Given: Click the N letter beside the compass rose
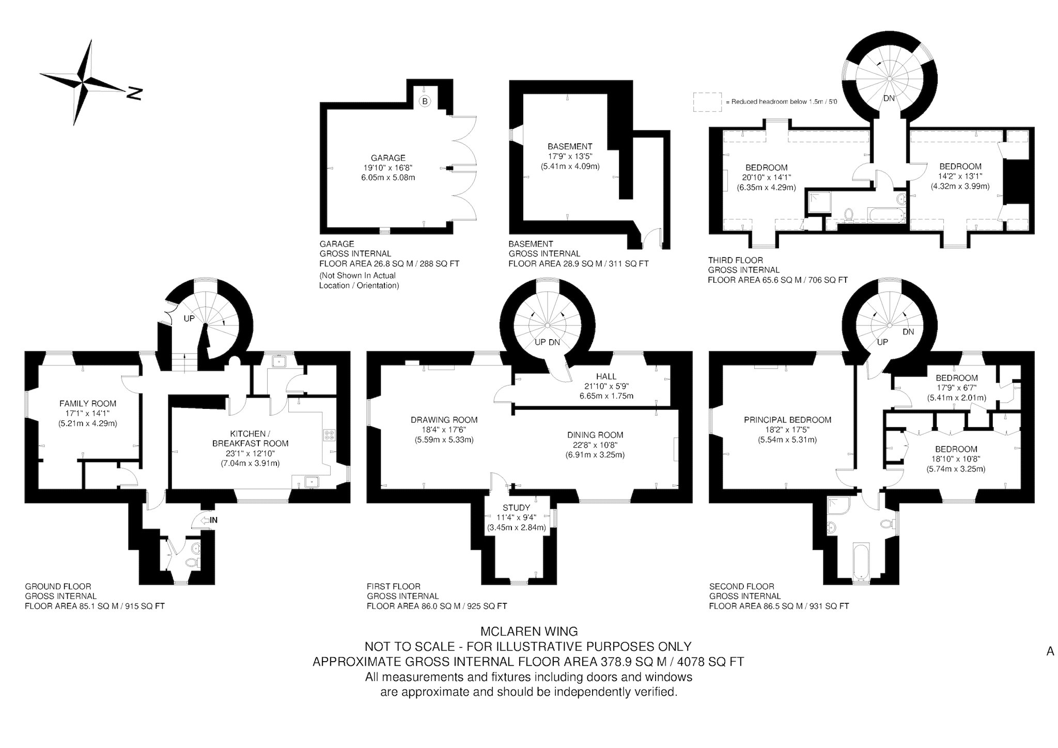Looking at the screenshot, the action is pyautogui.click(x=134, y=93).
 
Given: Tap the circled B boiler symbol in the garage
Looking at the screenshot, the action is pyautogui.click(x=425, y=101).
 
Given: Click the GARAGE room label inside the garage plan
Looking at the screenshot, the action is pyautogui.click(x=388, y=158).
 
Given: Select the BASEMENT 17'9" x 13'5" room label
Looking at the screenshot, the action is pyautogui.click(x=570, y=156).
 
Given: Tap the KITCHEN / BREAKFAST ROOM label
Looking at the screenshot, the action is pyautogui.click(x=251, y=438).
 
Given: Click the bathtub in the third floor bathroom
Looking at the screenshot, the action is pyautogui.click(x=886, y=216).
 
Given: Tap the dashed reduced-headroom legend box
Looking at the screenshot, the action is pyautogui.click(x=707, y=102).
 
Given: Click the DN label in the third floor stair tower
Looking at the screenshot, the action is pyautogui.click(x=889, y=98).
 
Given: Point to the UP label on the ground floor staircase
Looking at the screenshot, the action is pyautogui.click(x=189, y=318).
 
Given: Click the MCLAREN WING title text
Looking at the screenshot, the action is pyautogui.click(x=529, y=631).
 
